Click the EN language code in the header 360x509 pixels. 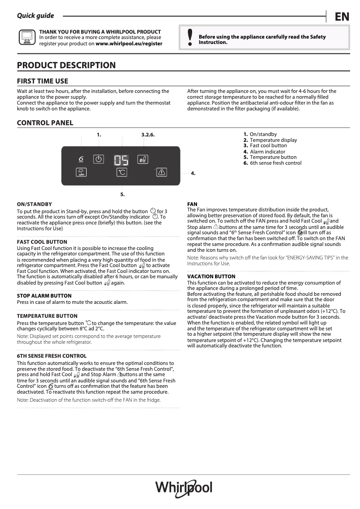pyautogui.click(x=342, y=17)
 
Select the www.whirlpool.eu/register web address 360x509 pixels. pyautogui.click(x=129, y=44)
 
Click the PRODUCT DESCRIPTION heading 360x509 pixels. pyautogui.click(x=66, y=66)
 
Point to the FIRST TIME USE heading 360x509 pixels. pyautogui.click(x=43, y=81)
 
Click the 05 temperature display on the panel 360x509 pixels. pyautogui.click(x=121, y=160)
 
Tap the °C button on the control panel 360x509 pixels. pyautogui.click(x=122, y=172)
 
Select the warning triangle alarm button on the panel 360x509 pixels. pyautogui.click(x=162, y=172)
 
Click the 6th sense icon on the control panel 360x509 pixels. pyautogui.click(x=81, y=159)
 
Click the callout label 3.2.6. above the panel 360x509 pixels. pyautogui.click(x=148, y=135)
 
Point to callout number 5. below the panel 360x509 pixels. pyautogui.click(x=122, y=194)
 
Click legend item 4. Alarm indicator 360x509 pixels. pyautogui.click(x=264, y=152)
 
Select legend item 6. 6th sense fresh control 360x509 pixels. pyautogui.click(x=272, y=163)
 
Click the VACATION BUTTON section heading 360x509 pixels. pyautogui.click(x=211, y=276)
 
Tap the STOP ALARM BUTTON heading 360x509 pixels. pyautogui.click(x=44, y=296)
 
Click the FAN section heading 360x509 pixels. pyautogui.click(x=192, y=204)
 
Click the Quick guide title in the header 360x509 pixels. pyautogui.click(x=35, y=16)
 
